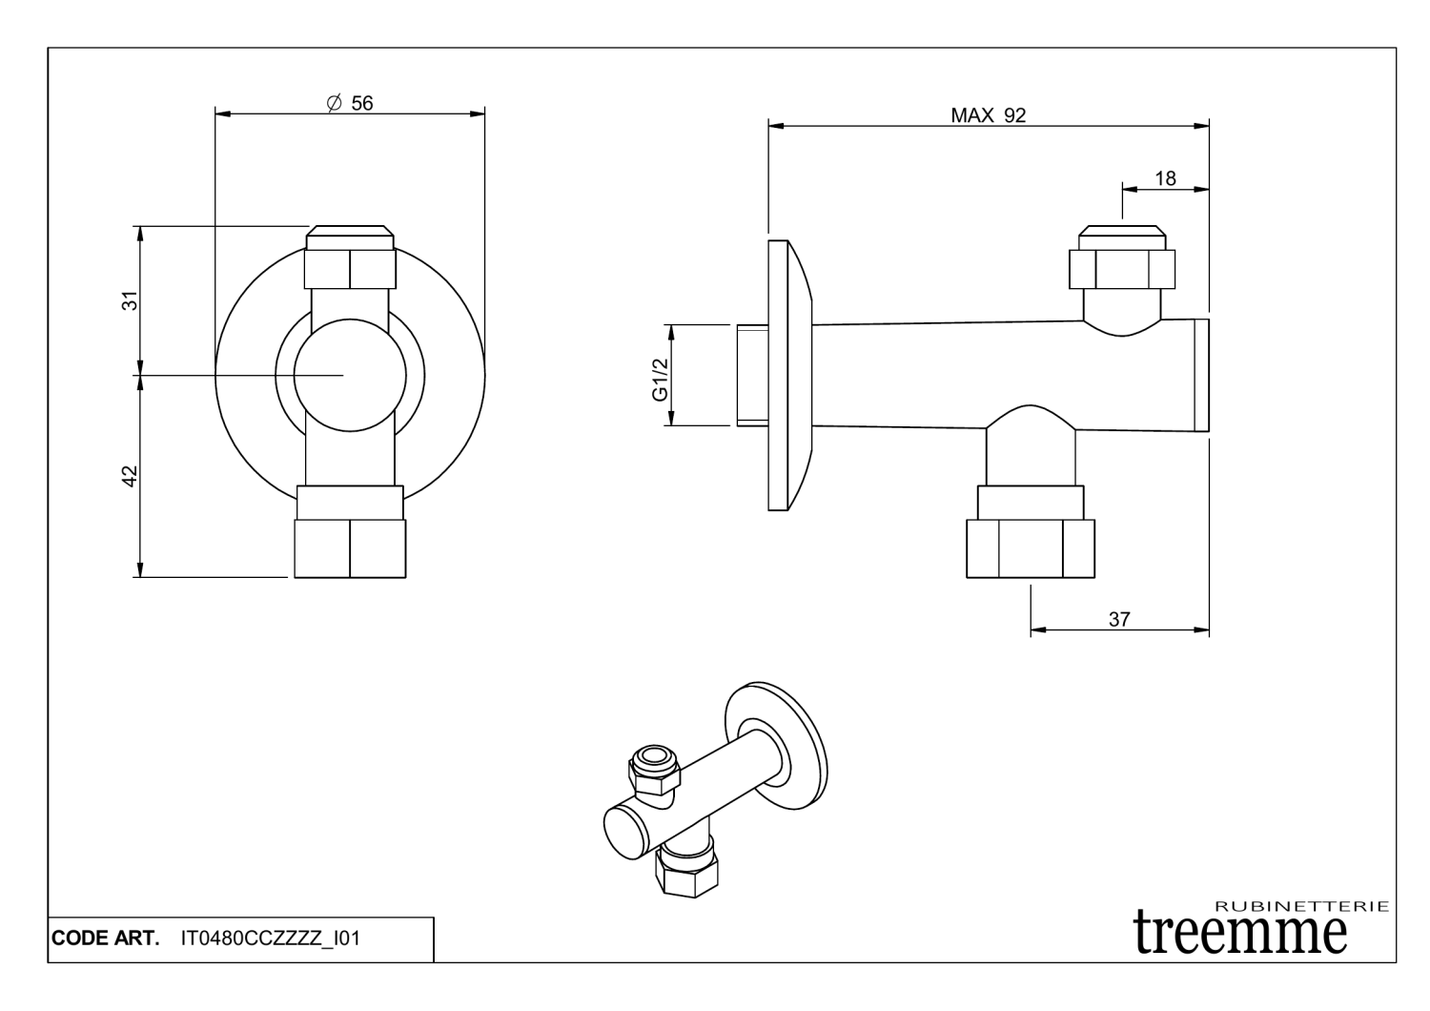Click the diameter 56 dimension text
(350, 103)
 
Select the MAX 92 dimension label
(988, 115)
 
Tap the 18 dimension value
(1165, 178)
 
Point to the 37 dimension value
(1119, 619)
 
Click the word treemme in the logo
(1240, 930)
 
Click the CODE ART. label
(106, 939)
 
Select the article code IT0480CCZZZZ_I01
(270, 939)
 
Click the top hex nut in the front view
(350, 267)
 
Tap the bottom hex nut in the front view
(350, 547)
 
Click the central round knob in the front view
(344, 375)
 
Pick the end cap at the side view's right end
(1201, 375)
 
